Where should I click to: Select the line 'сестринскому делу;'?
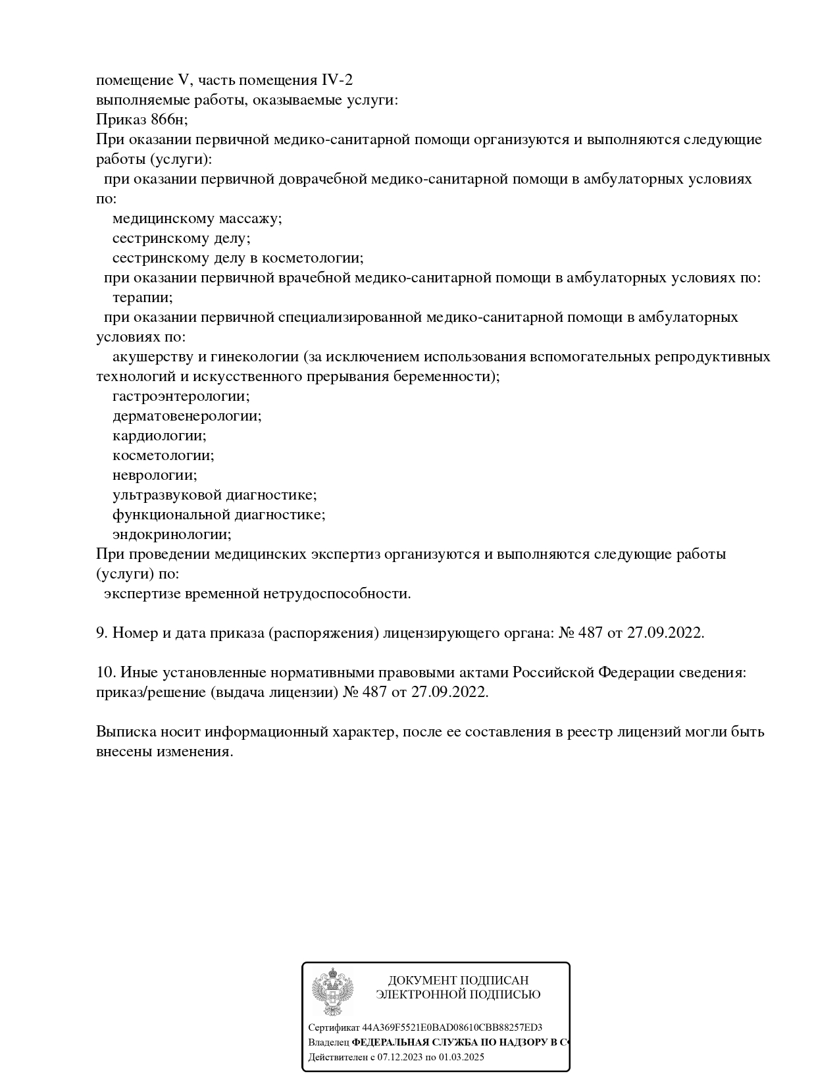[x=182, y=238]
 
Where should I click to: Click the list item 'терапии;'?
[x=143, y=297]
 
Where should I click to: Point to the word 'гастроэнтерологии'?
[x=180, y=396]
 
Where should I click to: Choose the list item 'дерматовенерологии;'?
[x=187, y=416]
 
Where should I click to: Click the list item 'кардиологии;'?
[x=159, y=436]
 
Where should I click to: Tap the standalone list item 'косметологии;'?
[x=163, y=455]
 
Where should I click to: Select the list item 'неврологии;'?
[x=155, y=475]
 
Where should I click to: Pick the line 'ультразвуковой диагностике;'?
[x=215, y=495]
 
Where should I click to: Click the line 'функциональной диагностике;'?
[x=218, y=515]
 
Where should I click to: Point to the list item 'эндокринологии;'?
[x=172, y=534]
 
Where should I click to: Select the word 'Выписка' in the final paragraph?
[x=124, y=732]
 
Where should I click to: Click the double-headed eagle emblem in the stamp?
[x=332, y=992]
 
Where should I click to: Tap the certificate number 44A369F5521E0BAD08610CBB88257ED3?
[x=453, y=1027]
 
